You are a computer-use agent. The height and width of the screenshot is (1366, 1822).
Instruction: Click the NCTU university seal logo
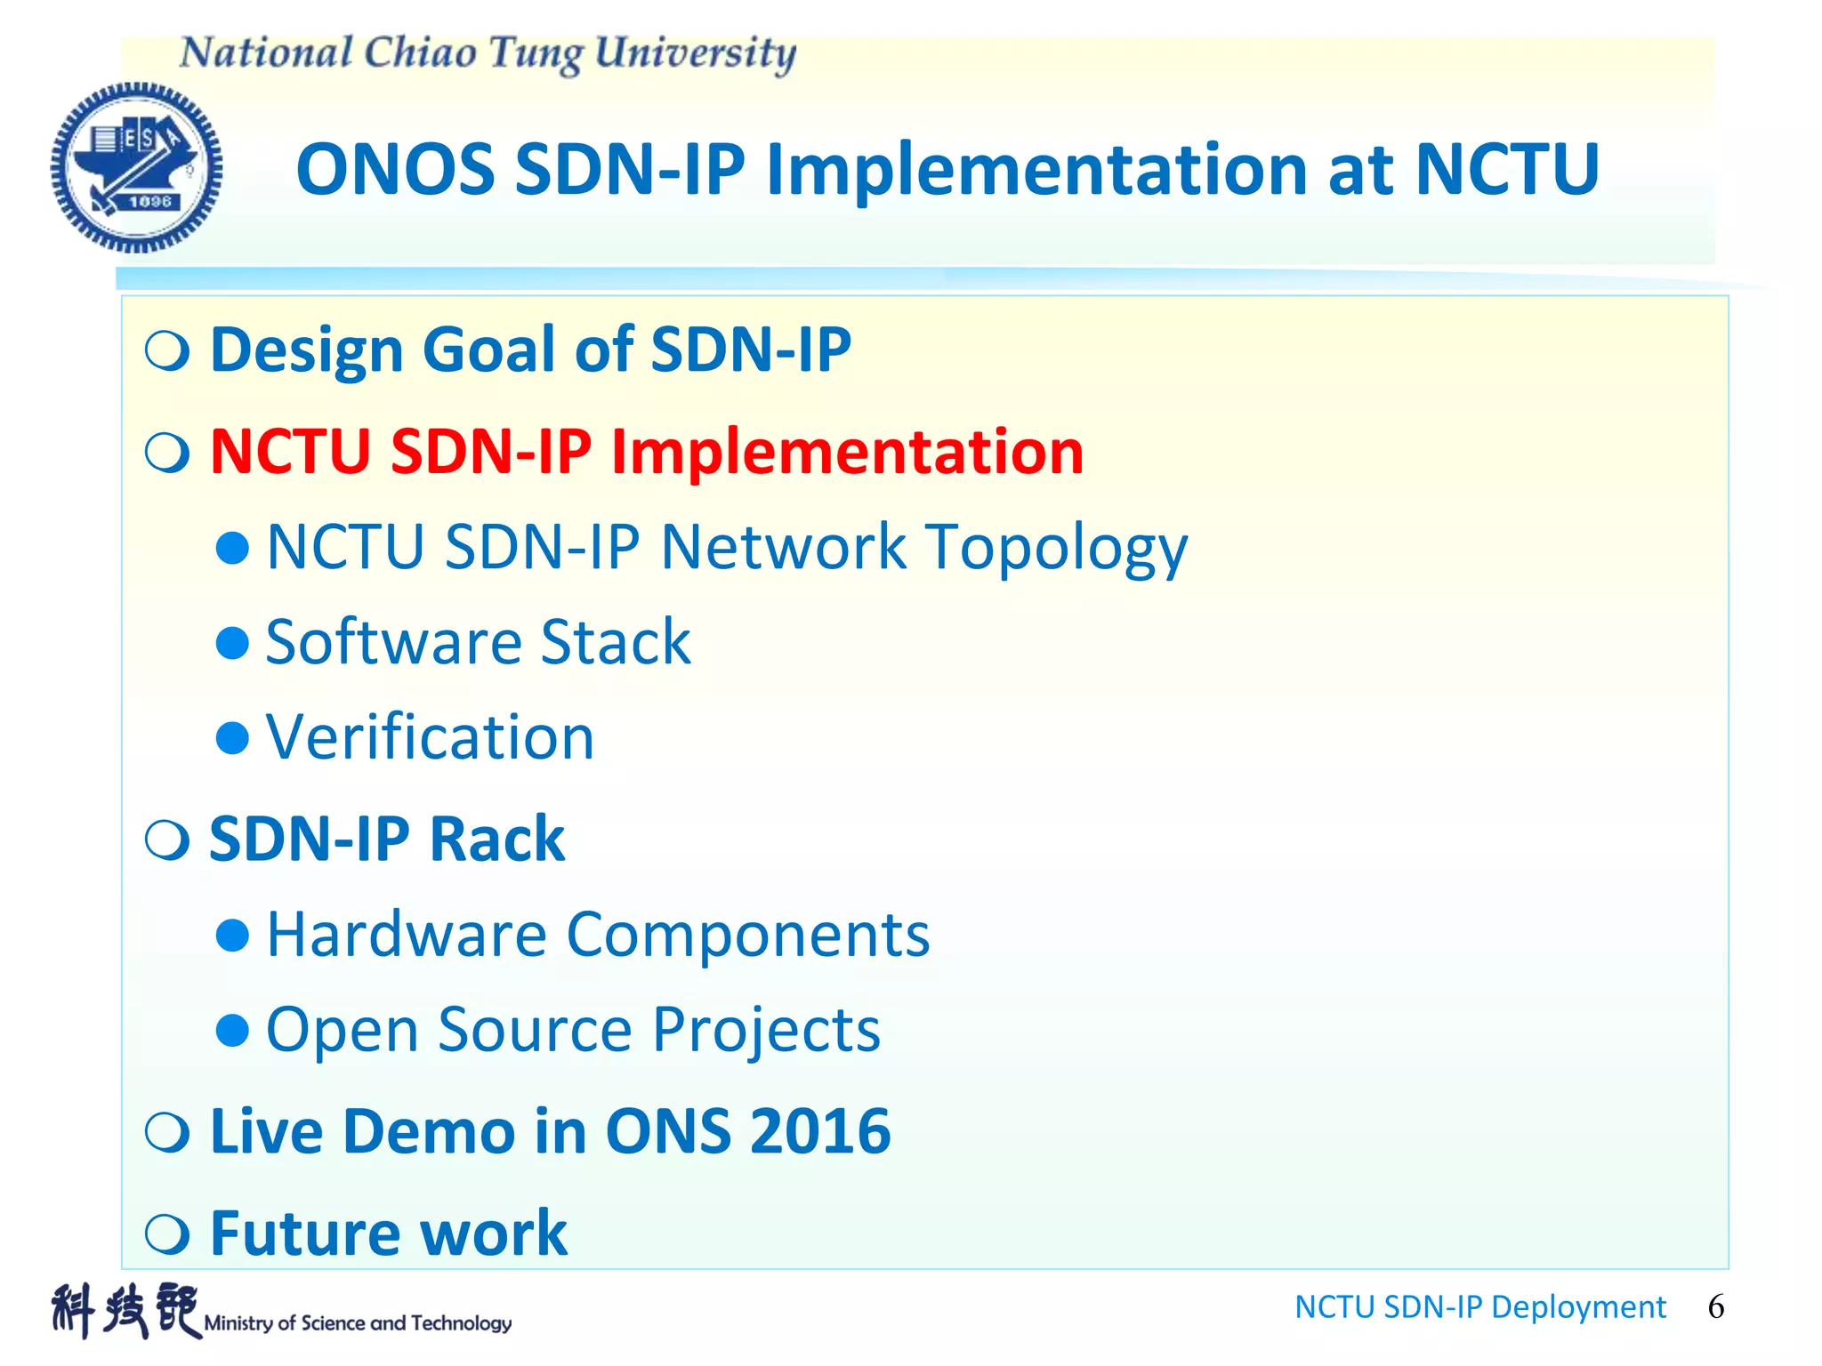[136, 167]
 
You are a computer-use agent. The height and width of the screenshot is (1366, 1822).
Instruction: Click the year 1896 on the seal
[149, 202]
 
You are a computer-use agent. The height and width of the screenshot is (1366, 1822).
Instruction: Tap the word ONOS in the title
[395, 169]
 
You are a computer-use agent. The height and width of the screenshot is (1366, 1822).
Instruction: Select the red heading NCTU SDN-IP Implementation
[647, 451]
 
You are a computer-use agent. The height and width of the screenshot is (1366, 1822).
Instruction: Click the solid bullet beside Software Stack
[232, 642]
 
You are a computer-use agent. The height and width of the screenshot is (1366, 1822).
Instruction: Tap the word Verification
[430, 737]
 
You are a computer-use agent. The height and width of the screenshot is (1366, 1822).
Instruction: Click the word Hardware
[407, 935]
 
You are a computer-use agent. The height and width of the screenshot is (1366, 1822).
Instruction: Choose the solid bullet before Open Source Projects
[232, 1030]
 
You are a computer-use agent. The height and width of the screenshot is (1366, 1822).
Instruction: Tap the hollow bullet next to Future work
[167, 1233]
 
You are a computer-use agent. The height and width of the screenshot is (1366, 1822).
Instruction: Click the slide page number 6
[1715, 1306]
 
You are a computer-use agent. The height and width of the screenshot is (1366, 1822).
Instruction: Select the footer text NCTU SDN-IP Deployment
[1479, 1306]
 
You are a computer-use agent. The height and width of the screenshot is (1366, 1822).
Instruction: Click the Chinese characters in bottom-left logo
[125, 1311]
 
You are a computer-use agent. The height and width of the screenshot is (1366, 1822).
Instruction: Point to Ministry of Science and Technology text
[358, 1323]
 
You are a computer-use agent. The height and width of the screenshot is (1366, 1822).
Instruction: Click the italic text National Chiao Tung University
[488, 53]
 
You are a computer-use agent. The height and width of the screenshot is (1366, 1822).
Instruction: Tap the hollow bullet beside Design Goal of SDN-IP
[167, 350]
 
